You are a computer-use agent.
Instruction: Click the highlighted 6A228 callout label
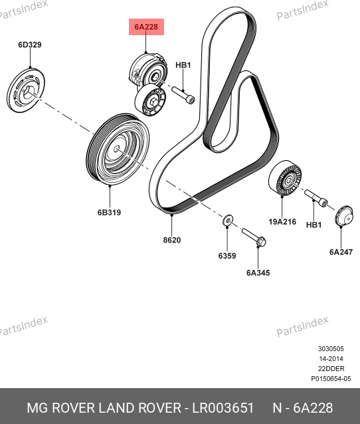(146, 27)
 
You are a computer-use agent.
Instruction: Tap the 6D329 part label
(30, 45)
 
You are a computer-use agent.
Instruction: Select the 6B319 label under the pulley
(109, 213)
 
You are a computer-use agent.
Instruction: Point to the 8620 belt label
(172, 240)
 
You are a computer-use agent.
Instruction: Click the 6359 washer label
(227, 256)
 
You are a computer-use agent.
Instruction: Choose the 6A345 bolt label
(258, 273)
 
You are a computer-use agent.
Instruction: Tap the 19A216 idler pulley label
(282, 222)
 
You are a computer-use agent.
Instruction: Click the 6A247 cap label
(341, 252)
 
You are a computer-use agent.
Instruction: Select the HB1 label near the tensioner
(183, 65)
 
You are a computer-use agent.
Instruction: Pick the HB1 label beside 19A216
(314, 225)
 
